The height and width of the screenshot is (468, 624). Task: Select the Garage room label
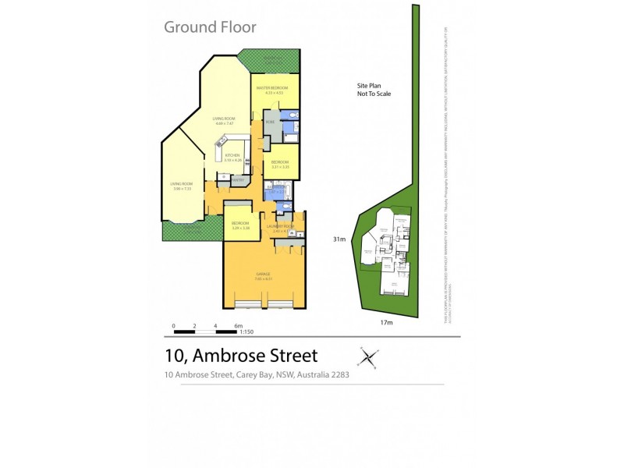(264, 274)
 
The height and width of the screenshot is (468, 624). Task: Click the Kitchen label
(232, 156)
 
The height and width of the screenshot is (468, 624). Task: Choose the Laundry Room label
(278, 226)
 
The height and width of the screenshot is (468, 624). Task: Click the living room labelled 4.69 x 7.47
(224, 119)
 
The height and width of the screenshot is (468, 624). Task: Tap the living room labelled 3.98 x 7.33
(182, 184)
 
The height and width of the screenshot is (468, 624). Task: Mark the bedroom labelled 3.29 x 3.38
(239, 223)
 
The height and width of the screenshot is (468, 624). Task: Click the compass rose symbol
(368, 358)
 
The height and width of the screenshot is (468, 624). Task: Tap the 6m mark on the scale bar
(238, 325)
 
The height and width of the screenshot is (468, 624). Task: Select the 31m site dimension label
(339, 239)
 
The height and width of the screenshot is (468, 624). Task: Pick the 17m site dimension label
(385, 321)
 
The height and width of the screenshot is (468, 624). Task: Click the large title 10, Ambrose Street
(241, 356)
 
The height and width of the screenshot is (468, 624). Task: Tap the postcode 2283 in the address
(339, 374)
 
